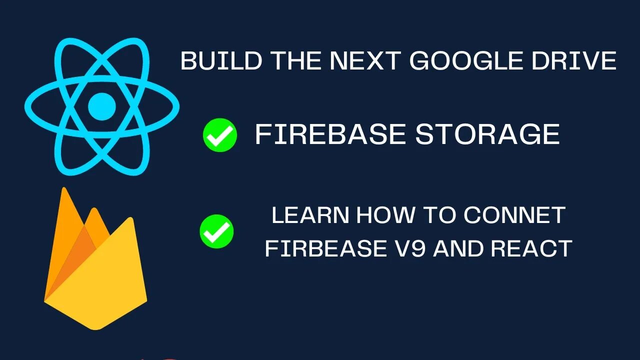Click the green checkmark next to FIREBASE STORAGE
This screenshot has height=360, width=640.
pos(219,135)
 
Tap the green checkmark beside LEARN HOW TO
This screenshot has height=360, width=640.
pos(216,231)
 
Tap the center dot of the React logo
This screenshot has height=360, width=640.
pos(102,106)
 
